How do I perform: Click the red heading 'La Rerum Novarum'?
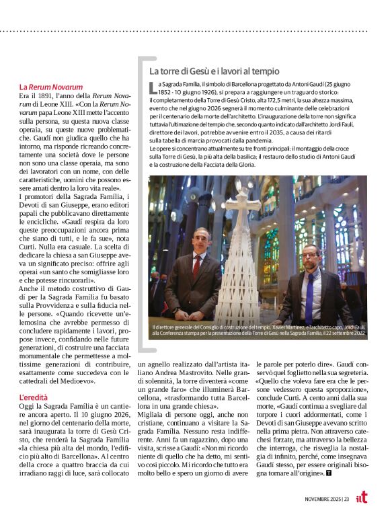point(50,87)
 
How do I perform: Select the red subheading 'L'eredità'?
point(33,398)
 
